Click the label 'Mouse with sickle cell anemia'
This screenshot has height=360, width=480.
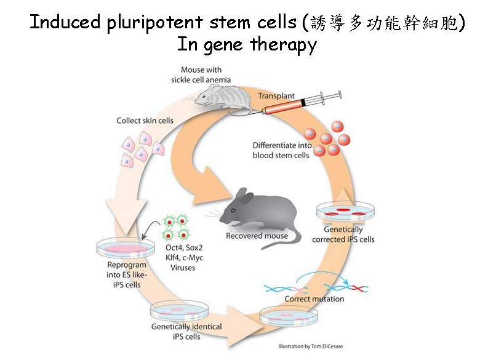click(201, 74)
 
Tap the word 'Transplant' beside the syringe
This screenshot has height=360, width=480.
click(276, 97)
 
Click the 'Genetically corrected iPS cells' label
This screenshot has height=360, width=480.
click(343, 234)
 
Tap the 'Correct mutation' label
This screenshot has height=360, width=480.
click(314, 299)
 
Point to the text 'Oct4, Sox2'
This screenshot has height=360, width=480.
click(184, 248)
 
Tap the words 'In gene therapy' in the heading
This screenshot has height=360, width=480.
click(246, 44)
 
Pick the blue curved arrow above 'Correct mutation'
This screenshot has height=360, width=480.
click(331, 277)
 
